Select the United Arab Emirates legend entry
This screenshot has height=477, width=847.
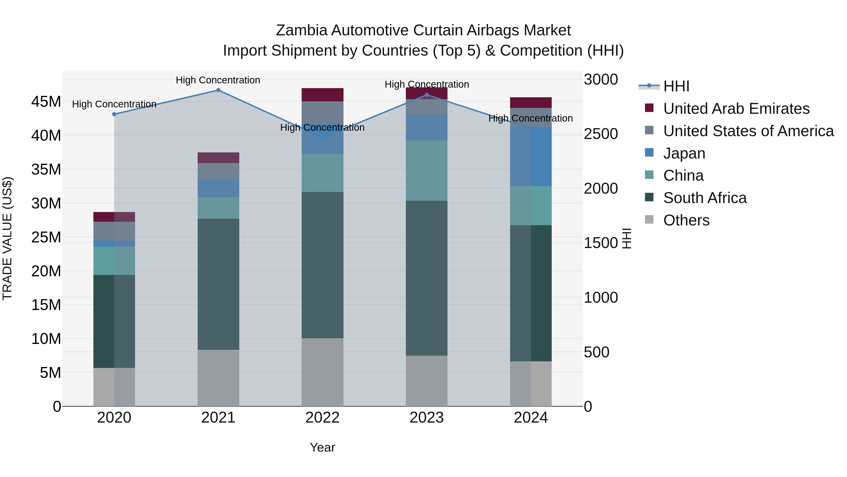[736, 109]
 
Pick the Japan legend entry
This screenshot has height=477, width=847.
[684, 153]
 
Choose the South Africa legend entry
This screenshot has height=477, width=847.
[705, 198]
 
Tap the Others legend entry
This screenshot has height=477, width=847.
[686, 220]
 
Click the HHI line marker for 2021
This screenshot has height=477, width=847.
[218, 90]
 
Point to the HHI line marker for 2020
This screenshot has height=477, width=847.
[114, 114]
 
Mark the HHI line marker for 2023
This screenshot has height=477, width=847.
[427, 95]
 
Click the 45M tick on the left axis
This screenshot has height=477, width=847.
[46, 102]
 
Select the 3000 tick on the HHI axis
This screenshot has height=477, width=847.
[601, 80]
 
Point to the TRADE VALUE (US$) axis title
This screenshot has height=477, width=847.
[7, 238]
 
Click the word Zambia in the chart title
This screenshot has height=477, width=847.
[302, 30]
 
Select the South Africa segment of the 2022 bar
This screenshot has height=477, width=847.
[322, 265]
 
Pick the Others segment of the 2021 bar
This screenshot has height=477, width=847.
[218, 378]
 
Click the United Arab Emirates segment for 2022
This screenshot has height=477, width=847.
[322, 95]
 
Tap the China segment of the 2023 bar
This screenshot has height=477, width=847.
[427, 171]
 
